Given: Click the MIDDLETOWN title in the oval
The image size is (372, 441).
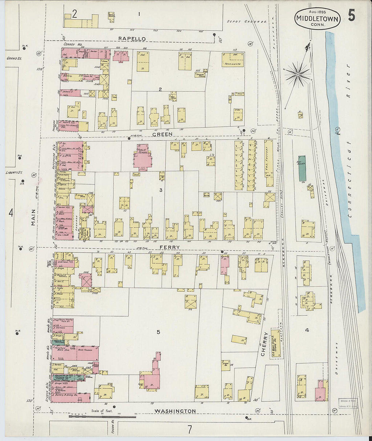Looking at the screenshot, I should pyautogui.click(x=317, y=19).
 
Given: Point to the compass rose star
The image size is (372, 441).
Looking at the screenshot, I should pyautogui.click(x=298, y=74).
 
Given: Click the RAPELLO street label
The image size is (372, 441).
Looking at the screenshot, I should pyautogui.click(x=132, y=39).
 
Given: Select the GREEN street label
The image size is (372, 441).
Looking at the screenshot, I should pyautogui.click(x=162, y=134).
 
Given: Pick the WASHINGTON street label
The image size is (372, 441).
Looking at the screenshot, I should pyautogui.click(x=175, y=411).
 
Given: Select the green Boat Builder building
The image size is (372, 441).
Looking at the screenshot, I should pyautogui.click(x=302, y=168).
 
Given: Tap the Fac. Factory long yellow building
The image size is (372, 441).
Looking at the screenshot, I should pyautogui.click(x=269, y=163).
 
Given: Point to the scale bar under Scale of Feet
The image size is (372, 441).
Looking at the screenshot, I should pyautogui.click(x=102, y=417).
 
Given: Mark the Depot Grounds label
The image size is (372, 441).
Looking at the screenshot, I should pyautogui.click(x=246, y=21).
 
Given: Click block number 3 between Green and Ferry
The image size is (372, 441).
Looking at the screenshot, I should pyautogui.click(x=161, y=190).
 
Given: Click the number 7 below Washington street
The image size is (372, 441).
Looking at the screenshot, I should pyautogui.click(x=189, y=430).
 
